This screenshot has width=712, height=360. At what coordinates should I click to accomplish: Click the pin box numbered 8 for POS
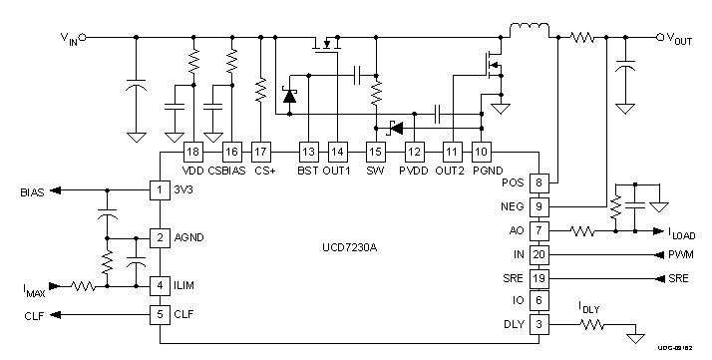point(538,182)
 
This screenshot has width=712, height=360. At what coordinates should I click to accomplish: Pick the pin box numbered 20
point(538,254)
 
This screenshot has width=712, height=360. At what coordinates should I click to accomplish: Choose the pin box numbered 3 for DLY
point(538,324)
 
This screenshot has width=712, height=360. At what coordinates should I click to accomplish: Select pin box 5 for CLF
point(158,315)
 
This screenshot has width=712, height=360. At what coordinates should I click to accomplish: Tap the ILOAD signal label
point(682,235)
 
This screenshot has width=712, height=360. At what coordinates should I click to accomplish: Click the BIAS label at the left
point(31,190)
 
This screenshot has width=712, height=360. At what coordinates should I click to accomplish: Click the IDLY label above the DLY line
point(591,310)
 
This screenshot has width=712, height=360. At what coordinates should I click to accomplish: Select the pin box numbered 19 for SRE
point(538,278)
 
